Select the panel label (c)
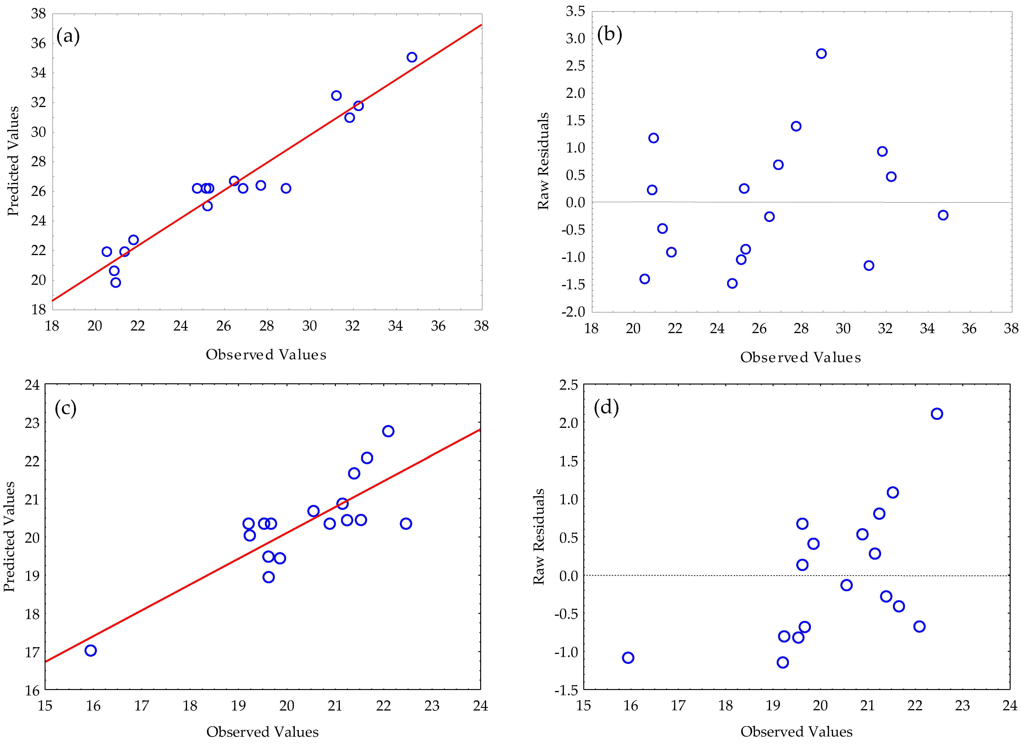[x=65, y=408]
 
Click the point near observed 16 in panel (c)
[x=91, y=650]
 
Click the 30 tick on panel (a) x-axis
[x=309, y=326]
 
